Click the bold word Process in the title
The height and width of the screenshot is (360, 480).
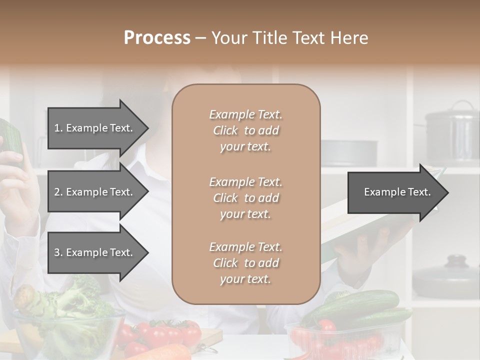[x=157, y=38]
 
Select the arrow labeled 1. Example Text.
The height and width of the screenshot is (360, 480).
[x=95, y=128]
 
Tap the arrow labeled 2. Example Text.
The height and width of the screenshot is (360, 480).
[x=95, y=192]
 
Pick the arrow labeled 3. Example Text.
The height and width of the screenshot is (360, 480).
[x=95, y=252]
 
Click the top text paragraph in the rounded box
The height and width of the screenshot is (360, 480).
[x=245, y=130]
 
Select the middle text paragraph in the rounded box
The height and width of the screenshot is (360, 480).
[x=245, y=198]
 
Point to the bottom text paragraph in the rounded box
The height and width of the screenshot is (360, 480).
[x=245, y=263]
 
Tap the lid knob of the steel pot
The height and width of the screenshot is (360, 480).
[x=462, y=104]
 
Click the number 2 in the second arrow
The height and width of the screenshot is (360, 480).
[x=57, y=192]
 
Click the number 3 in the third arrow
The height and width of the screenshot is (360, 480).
[x=57, y=252]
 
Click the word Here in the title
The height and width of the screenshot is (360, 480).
[x=350, y=38]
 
